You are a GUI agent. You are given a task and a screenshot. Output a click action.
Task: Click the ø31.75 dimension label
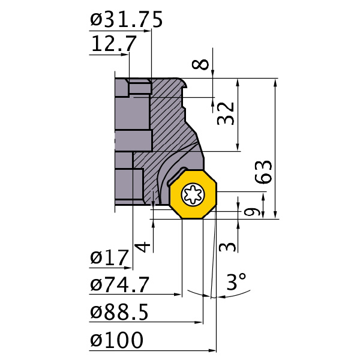pos(126,20)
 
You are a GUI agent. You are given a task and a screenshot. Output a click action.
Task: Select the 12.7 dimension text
pos(114,43)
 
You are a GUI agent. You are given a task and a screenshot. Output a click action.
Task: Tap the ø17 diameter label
pos(109,257)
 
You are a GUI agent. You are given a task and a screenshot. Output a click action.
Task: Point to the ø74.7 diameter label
pos(119,284)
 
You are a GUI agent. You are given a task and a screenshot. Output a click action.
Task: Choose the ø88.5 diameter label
pos(119,312)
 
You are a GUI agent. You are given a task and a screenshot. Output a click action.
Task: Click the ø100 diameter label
pos(116,340)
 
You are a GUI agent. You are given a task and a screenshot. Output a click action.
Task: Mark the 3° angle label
pos(236,281)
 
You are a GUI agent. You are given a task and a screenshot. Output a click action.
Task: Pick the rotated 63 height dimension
pos(263,172)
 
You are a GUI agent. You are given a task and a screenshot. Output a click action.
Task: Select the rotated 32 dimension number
pos(226,113)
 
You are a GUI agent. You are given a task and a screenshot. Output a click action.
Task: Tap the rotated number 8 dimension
pos(200,64)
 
